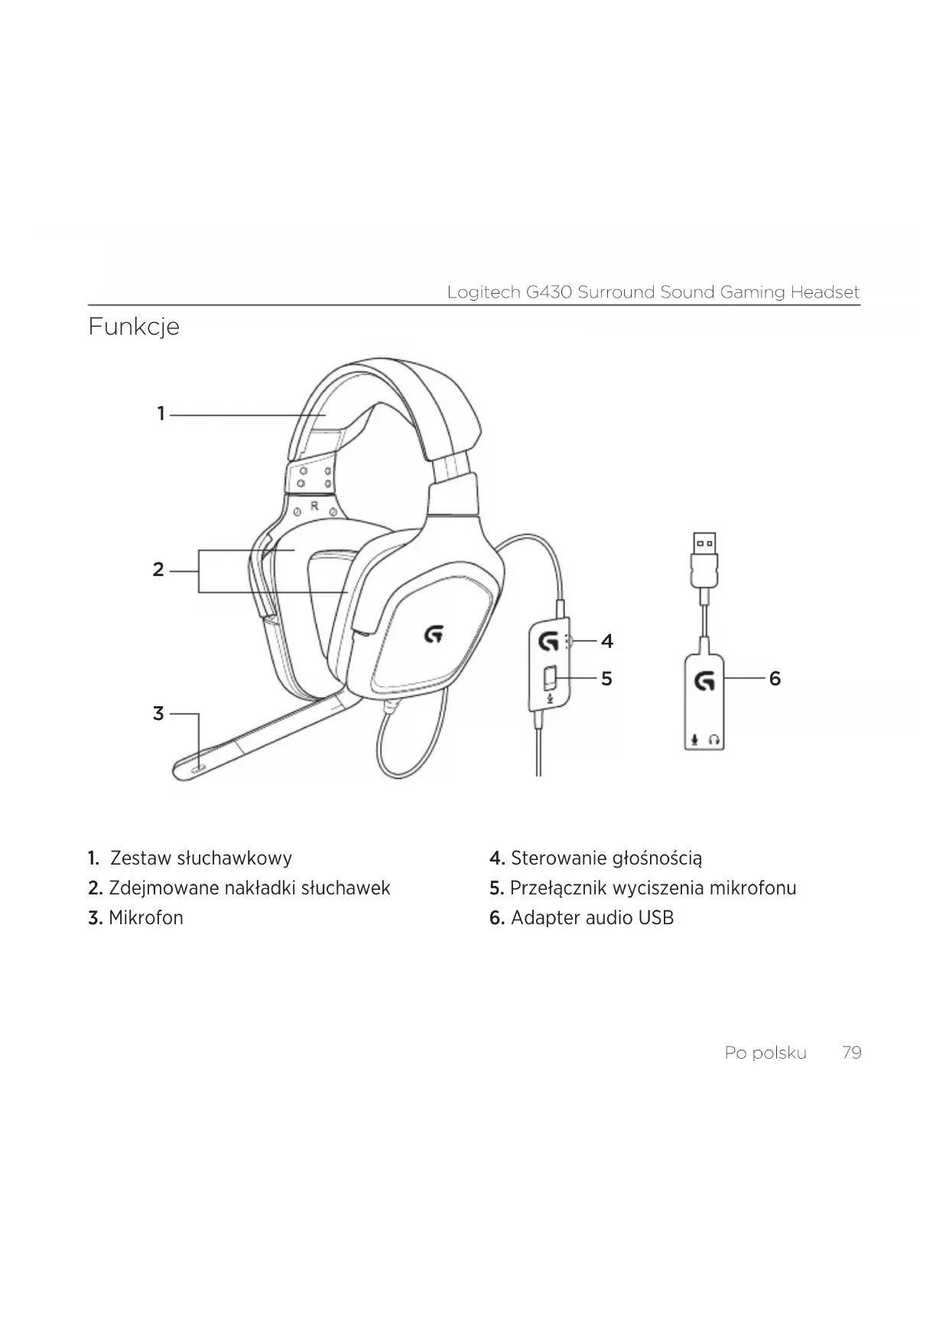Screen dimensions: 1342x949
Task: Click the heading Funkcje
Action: tap(134, 327)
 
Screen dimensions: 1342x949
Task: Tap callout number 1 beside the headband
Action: tap(161, 414)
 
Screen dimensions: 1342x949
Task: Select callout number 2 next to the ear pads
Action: tap(158, 570)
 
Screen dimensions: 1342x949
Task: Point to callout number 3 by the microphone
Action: tap(158, 714)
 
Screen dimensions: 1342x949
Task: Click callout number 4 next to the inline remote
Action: tap(606, 641)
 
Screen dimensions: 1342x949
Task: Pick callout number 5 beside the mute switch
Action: tap(606, 679)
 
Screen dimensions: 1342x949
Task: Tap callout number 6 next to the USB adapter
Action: tap(775, 679)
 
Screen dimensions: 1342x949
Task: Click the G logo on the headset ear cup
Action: tap(434, 634)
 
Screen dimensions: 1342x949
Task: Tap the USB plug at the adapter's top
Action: tap(704, 546)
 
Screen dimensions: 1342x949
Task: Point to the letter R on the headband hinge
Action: tap(314, 506)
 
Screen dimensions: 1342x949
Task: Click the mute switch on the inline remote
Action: tap(550, 679)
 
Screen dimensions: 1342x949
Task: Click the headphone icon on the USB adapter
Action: tap(714, 740)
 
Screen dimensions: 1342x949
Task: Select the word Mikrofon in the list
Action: tap(145, 918)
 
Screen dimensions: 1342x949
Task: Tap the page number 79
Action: tap(851, 1053)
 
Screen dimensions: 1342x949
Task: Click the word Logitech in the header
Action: tap(485, 292)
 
